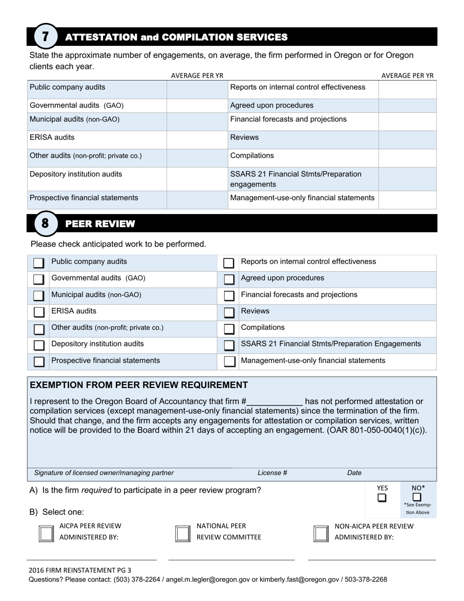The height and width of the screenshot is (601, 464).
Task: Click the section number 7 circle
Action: (45, 37)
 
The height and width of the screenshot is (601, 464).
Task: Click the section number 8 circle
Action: (45, 224)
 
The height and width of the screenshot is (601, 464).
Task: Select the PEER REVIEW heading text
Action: (100, 224)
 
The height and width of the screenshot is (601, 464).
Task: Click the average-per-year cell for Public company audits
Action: (197, 89)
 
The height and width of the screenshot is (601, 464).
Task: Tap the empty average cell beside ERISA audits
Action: (197, 139)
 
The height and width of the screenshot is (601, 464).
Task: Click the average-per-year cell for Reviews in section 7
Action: (407, 139)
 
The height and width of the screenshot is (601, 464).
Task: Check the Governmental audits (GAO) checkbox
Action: (39, 279)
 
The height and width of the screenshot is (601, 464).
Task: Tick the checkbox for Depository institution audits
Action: (39, 345)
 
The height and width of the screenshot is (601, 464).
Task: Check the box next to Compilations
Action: (229, 329)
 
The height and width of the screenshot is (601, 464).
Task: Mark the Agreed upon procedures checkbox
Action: (229, 279)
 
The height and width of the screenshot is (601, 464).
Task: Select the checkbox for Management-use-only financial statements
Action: (229, 362)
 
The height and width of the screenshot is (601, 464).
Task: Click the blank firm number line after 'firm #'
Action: (274, 402)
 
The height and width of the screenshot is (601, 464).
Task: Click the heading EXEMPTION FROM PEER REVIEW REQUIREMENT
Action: (139, 385)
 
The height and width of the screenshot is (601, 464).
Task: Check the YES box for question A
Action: (382, 498)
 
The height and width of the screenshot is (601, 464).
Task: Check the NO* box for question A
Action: (417, 497)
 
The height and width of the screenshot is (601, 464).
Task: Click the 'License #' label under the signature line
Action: (272, 473)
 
